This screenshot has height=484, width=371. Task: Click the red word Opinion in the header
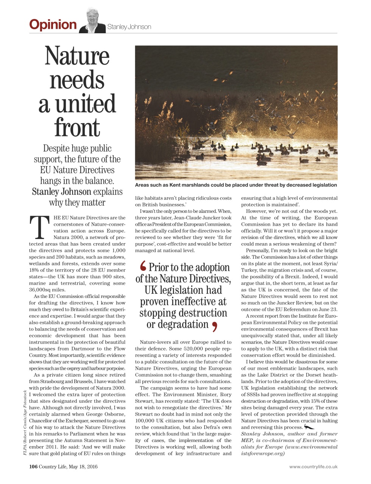(x=53, y=25)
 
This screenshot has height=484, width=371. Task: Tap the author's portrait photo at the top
(x=92, y=21)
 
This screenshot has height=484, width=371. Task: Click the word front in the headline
(x=77, y=127)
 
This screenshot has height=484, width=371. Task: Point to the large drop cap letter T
(x=39, y=228)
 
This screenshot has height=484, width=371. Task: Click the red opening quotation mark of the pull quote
(x=143, y=267)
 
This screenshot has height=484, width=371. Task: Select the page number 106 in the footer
(x=33, y=467)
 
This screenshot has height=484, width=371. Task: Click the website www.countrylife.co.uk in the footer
(x=313, y=467)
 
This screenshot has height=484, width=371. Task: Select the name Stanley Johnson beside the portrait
(x=129, y=27)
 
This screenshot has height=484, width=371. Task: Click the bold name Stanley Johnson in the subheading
(x=62, y=192)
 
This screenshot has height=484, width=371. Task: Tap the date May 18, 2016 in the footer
(x=83, y=467)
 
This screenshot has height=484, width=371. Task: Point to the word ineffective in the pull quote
(x=195, y=302)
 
